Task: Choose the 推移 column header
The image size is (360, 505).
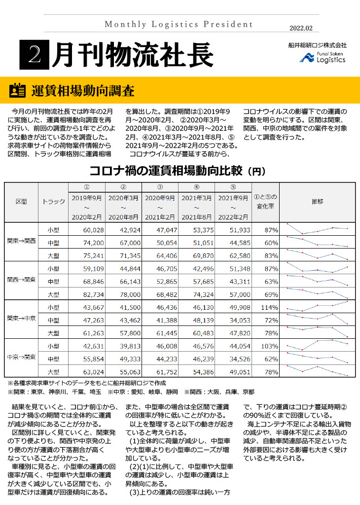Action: (317, 202)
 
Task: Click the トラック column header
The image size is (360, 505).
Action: (53, 202)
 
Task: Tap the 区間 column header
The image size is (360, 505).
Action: (21, 202)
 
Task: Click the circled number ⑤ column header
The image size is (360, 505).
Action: (233, 187)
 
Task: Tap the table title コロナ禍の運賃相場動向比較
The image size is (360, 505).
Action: (167, 171)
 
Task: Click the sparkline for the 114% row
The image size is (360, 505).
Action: (317, 307)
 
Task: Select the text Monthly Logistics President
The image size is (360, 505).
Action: (179, 24)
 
